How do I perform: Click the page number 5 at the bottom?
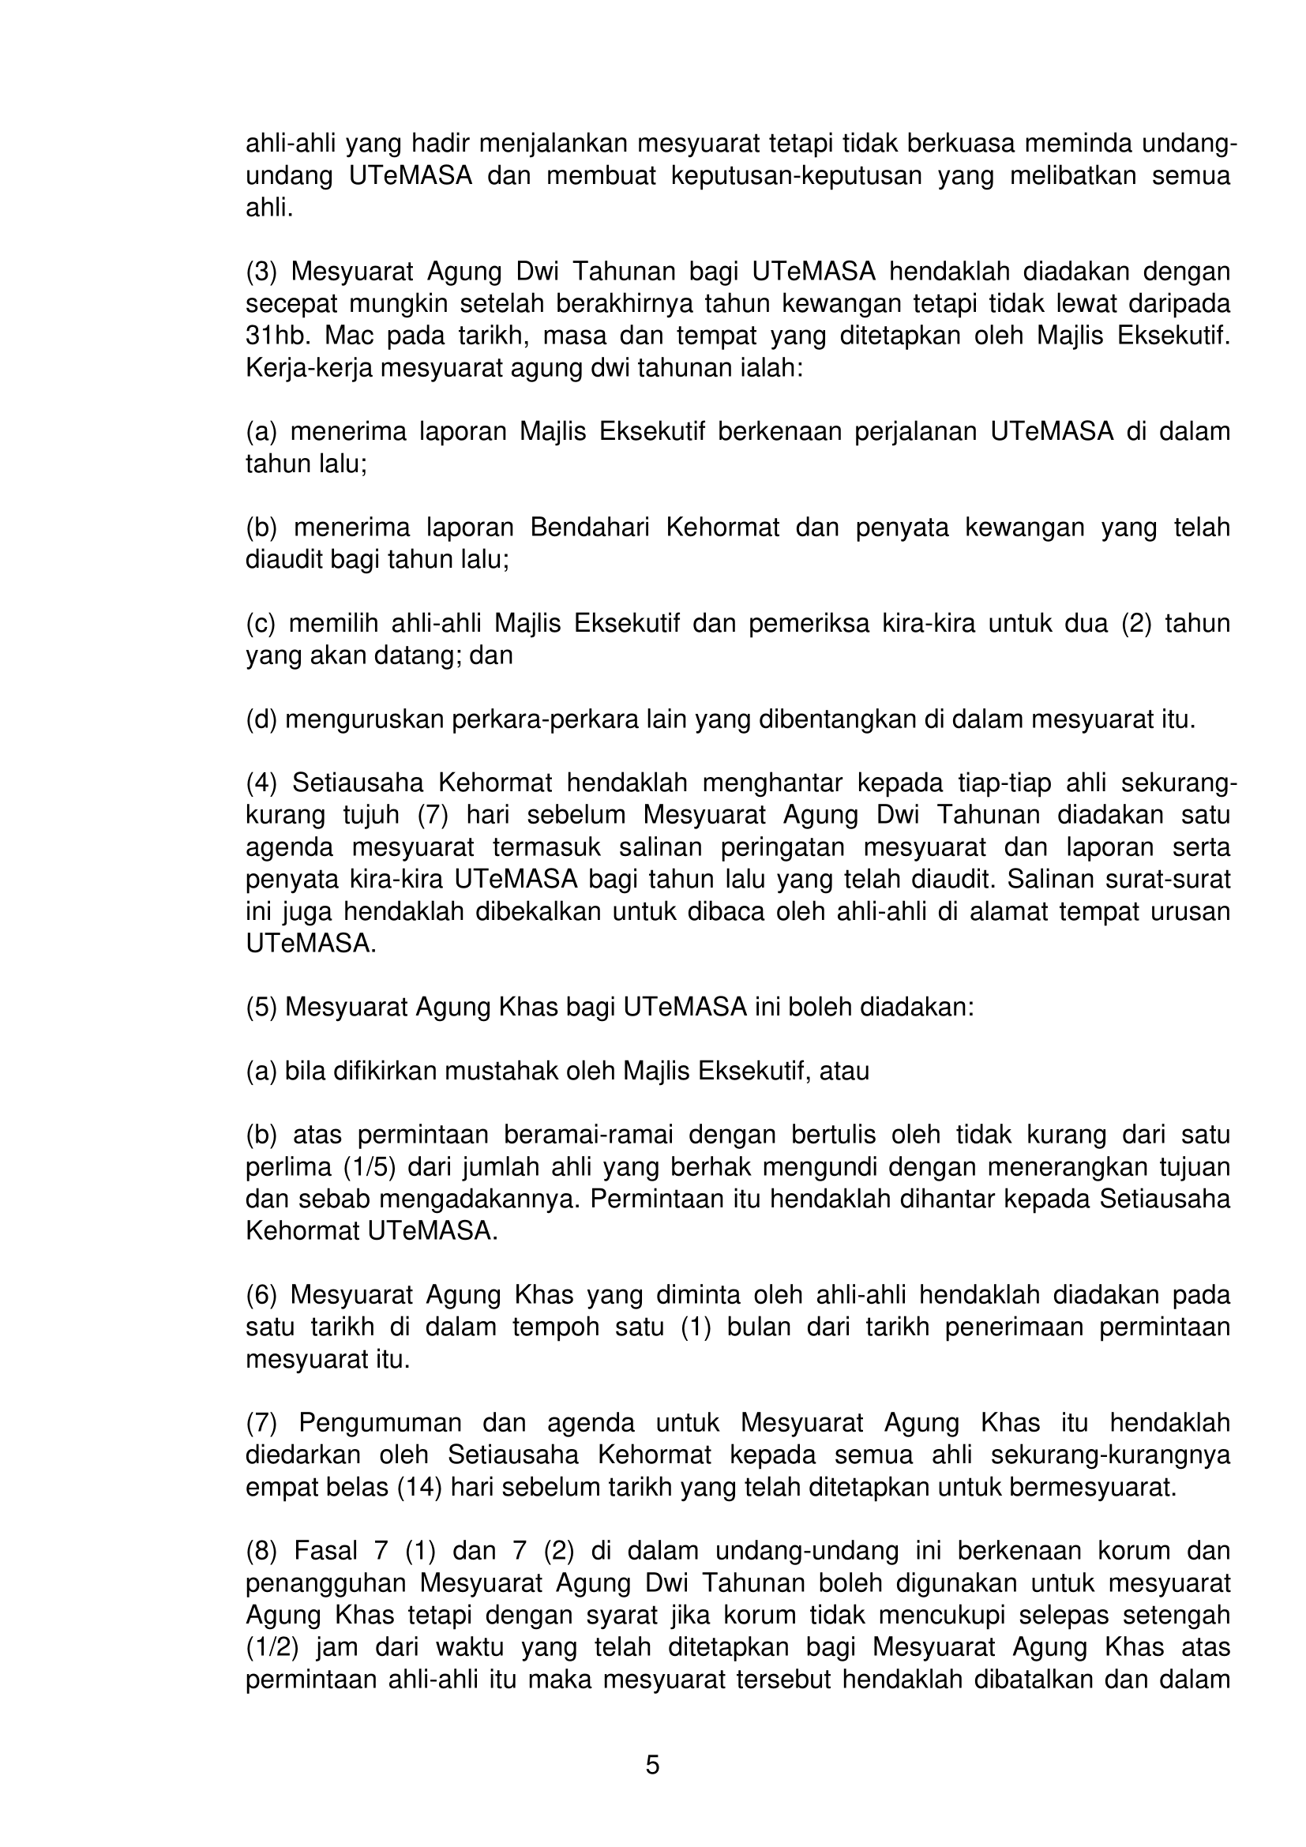[x=652, y=1764]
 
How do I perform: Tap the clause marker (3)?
[x=261, y=272]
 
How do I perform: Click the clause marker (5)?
[x=261, y=1006]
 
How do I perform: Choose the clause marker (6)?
[x=261, y=1294]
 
